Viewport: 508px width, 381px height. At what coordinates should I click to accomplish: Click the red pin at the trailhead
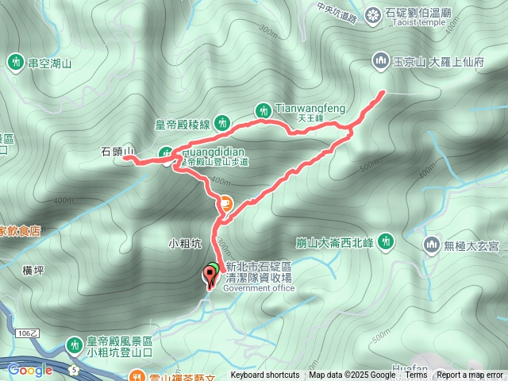[210, 276]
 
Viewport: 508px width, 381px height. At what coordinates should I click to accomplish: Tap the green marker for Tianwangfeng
[263, 110]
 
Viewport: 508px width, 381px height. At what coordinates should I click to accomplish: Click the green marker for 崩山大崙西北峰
[387, 240]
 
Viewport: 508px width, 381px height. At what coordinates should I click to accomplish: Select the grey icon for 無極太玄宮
[432, 242]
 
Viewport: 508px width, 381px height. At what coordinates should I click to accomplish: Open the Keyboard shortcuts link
[264, 375]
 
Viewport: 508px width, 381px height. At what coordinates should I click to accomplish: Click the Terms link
[417, 375]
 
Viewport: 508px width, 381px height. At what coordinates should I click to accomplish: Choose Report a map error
[470, 375]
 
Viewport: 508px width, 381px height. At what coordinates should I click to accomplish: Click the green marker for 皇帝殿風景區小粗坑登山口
[75, 344]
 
